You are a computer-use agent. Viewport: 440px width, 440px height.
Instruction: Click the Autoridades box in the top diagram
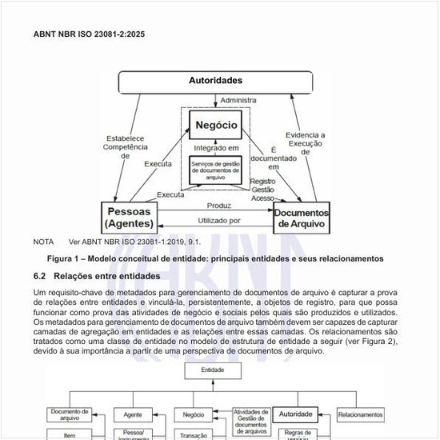point(215,82)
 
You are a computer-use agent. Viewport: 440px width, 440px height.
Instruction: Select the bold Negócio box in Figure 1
point(214,126)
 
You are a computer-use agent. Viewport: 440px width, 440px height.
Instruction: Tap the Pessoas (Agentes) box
point(130,217)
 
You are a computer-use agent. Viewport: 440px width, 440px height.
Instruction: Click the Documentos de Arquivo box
point(302,218)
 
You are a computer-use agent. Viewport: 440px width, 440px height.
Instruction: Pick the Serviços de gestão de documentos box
point(214,170)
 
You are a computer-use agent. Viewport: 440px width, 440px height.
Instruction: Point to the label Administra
point(238,100)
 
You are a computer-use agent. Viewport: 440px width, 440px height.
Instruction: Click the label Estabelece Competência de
point(125,147)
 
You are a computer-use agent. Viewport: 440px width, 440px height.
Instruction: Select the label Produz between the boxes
point(218,206)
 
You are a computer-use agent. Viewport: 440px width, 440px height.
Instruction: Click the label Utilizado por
point(218,220)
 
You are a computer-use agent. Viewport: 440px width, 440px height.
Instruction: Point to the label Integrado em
point(216,148)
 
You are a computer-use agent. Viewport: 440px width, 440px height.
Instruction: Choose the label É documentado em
point(274,158)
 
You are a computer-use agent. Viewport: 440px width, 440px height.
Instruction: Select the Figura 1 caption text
point(215,258)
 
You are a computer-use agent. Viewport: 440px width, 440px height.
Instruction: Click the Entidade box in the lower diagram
point(212,370)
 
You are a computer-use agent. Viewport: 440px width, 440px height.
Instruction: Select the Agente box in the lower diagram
point(133,415)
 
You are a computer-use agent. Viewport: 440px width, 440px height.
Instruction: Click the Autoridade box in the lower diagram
point(295,414)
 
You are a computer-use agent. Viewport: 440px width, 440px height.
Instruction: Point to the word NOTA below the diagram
point(43,242)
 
